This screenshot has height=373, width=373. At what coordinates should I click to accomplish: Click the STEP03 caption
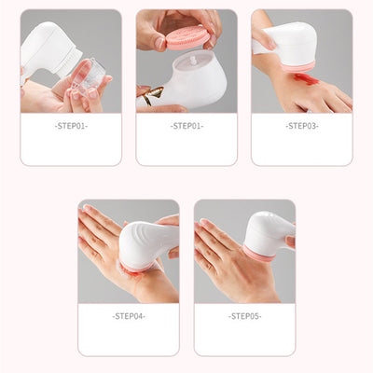(301, 125)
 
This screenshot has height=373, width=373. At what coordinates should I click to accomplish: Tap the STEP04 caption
(128, 315)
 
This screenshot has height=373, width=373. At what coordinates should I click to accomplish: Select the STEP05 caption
(244, 315)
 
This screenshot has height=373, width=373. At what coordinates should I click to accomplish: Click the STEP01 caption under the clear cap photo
(70, 125)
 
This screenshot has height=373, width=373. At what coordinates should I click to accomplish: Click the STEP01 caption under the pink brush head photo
(186, 125)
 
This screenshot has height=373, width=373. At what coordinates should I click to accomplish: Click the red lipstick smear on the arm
(311, 87)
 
